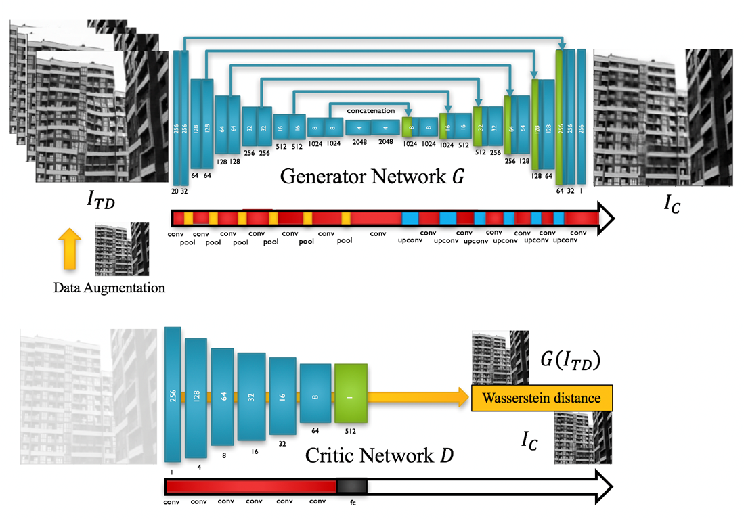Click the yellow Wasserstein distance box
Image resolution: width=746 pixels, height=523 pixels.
(x=542, y=398)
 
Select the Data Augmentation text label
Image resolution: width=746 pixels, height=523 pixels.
(x=110, y=288)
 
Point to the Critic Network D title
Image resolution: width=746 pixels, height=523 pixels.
(x=380, y=455)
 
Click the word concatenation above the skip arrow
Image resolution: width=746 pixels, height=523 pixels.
(x=370, y=110)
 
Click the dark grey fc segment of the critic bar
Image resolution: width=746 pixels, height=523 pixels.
(x=352, y=486)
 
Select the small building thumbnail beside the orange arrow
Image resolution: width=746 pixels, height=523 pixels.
(x=122, y=250)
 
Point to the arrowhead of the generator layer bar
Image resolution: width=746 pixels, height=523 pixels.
(x=606, y=218)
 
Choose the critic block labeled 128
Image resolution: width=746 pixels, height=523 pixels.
(x=196, y=397)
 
